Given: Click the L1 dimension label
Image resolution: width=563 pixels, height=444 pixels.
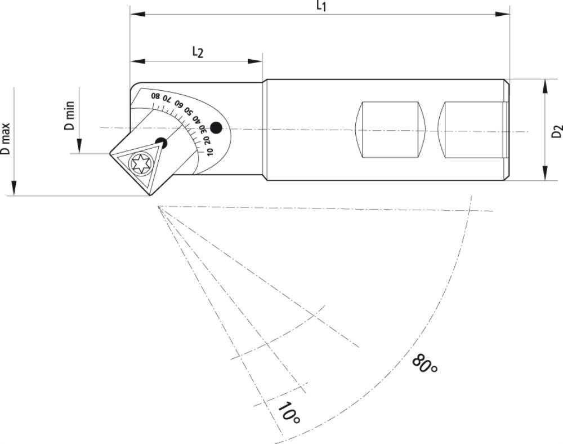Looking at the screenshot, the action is click(x=321, y=6).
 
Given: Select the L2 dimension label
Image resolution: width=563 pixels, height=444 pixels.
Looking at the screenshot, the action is click(x=198, y=52).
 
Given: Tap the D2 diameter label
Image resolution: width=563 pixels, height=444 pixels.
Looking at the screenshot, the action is click(x=557, y=131).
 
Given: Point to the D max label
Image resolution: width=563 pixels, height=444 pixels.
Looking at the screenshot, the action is click(x=5, y=139).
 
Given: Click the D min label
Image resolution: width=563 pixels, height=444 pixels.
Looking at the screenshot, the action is click(x=69, y=116).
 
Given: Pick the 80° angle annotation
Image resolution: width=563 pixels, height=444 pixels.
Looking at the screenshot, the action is click(x=425, y=364).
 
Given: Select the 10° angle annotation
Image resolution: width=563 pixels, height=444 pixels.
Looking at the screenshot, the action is click(x=288, y=413).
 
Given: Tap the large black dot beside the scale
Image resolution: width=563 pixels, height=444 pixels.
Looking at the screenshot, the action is click(x=216, y=127).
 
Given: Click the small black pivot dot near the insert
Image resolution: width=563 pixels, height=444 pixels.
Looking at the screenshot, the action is click(x=161, y=143).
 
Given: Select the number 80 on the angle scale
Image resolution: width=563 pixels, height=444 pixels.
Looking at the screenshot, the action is click(x=155, y=96).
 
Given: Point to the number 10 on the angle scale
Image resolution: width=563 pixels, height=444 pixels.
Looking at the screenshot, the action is click(x=209, y=152).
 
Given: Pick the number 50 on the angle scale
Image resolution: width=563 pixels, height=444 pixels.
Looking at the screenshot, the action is click(x=188, y=110).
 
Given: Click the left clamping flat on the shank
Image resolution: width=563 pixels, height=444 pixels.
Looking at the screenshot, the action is click(x=390, y=130).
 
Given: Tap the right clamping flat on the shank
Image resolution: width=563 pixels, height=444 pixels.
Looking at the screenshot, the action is click(x=473, y=130).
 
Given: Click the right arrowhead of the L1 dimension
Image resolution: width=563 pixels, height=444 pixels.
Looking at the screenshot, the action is click(x=502, y=14).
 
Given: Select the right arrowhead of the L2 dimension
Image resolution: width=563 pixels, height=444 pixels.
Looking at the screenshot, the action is click(x=255, y=61).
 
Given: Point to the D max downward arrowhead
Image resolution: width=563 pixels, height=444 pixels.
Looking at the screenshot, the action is click(x=14, y=188).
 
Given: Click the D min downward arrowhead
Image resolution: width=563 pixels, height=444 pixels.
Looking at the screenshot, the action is click(x=79, y=146).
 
